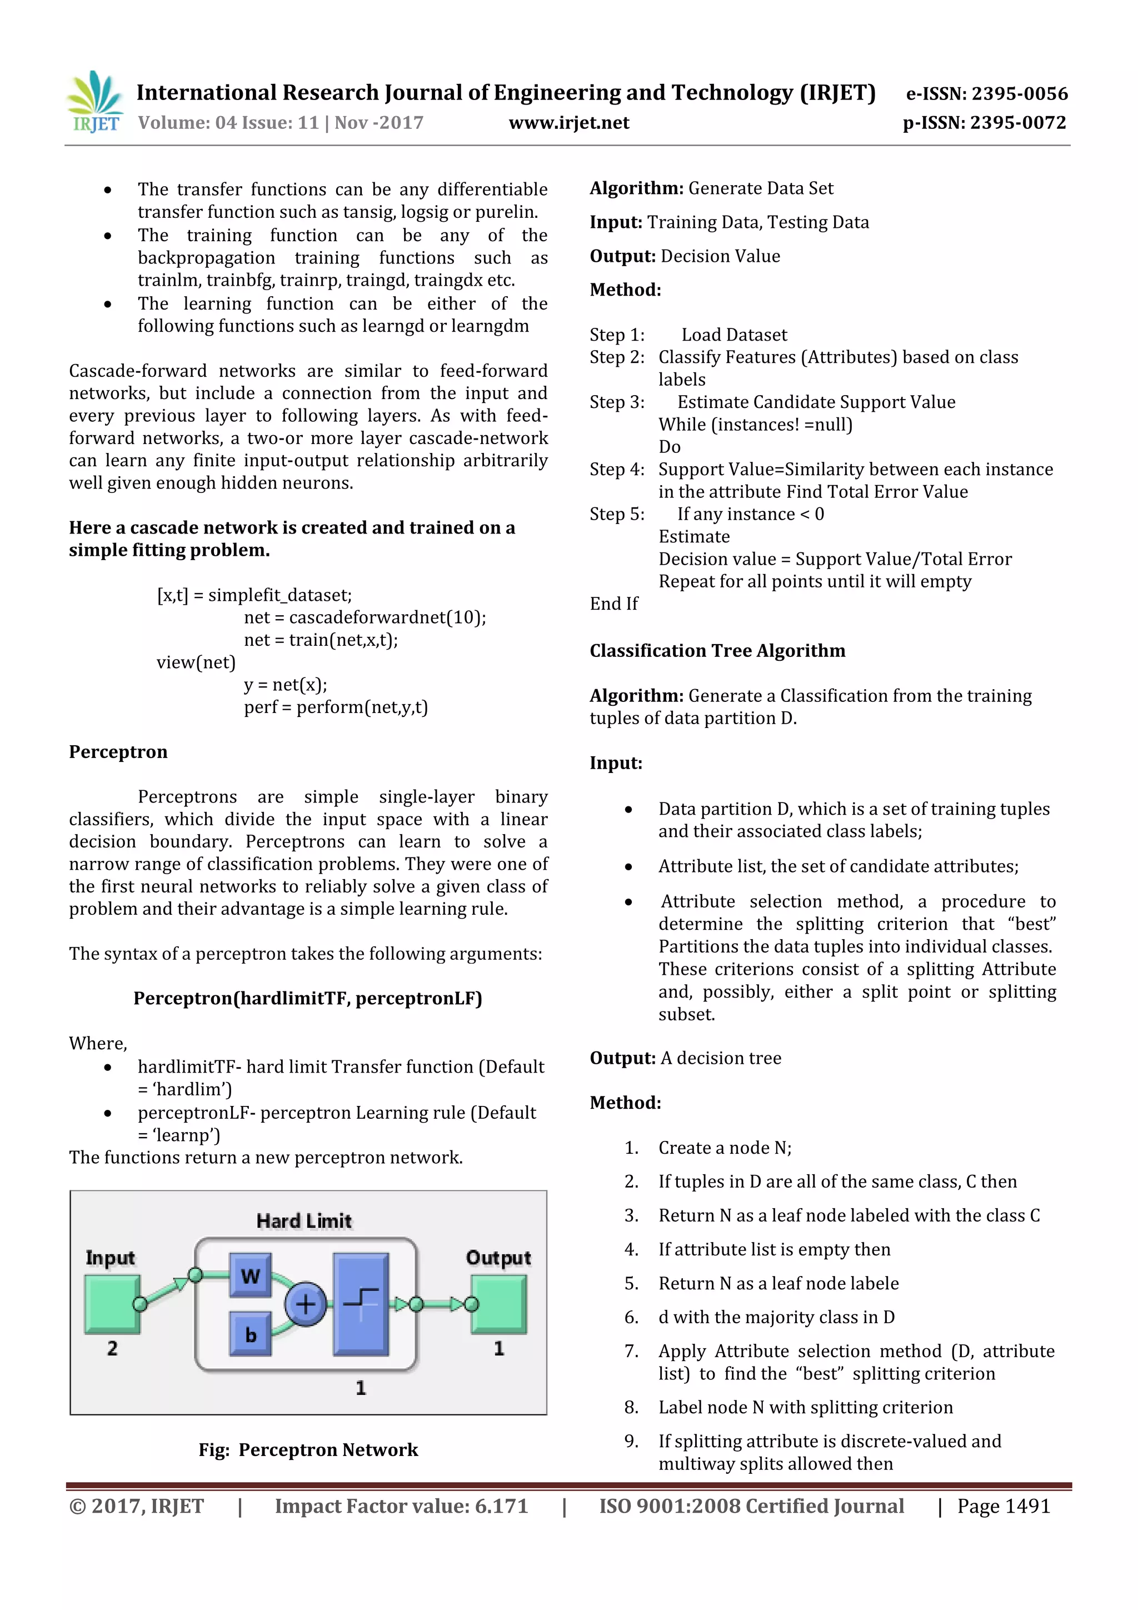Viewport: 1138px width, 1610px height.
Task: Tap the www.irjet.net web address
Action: pyautogui.click(x=568, y=123)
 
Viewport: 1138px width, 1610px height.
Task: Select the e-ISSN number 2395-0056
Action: pyautogui.click(x=986, y=93)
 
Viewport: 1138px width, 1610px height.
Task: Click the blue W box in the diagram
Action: pyautogui.click(x=250, y=1275)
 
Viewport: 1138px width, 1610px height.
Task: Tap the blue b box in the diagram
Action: pyautogui.click(x=250, y=1334)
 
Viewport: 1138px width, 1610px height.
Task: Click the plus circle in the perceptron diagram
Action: pyautogui.click(x=305, y=1304)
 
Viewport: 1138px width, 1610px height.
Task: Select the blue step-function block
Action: pyautogui.click(x=361, y=1304)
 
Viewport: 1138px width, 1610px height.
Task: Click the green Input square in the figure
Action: pyautogui.click(x=112, y=1304)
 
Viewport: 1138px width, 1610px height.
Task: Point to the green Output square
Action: pyautogui.click(x=498, y=1304)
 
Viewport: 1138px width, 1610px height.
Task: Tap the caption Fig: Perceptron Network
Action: pyautogui.click(x=308, y=1449)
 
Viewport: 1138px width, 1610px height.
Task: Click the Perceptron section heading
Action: pyautogui.click(x=118, y=752)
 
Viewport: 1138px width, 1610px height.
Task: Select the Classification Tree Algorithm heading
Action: pyautogui.click(x=717, y=651)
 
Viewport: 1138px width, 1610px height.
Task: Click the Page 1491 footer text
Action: pyautogui.click(x=1004, y=1506)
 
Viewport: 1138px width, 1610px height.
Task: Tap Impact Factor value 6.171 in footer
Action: pyautogui.click(x=401, y=1506)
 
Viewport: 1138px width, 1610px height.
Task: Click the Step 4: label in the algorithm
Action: pyautogui.click(x=616, y=469)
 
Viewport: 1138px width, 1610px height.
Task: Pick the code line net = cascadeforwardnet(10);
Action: pyautogui.click(x=365, y=617)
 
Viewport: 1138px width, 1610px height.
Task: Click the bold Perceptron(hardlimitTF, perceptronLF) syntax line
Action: pyautogui.click(x=308, y=999)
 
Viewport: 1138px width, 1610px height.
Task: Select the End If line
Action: pyautogui.click(x=613, y=604)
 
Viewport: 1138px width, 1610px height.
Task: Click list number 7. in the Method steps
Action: pyautogui.click(x=631, y=1351)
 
